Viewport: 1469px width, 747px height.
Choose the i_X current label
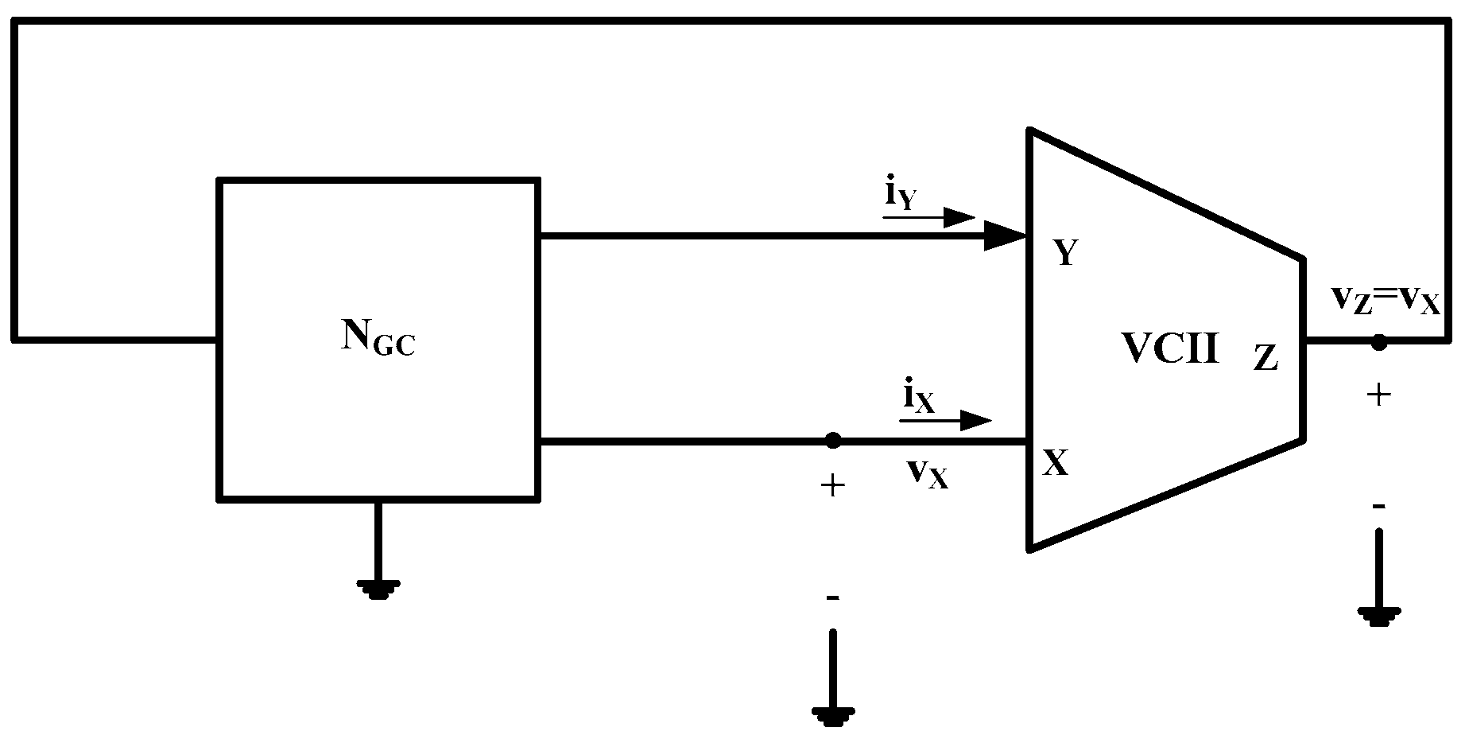click(x=917, y=396)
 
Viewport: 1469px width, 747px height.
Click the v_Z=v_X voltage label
click(x=1385, y=302)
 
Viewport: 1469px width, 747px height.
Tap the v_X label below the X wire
click(x=927, y=474)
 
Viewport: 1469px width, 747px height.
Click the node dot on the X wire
click(x=832, y=441)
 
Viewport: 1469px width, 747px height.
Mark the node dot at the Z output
click(x=1378, y=342)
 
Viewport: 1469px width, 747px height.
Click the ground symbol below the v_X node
click(x=832, y=714)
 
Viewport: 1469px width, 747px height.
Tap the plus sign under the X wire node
click(x=832, y=485)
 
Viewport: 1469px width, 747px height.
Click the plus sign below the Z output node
click(x=1378, y=395)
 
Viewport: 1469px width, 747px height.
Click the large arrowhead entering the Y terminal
click(x=1005, y=235)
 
